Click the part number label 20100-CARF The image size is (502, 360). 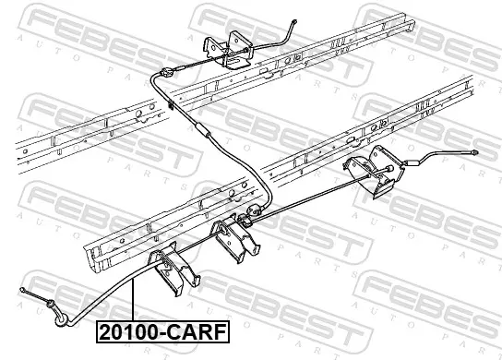pyautogui.click(x=163, y=332)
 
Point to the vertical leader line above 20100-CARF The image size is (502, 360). pyautogui.click(x=132, y=300)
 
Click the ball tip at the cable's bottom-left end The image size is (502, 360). pyautogui.click(x=22, y=290)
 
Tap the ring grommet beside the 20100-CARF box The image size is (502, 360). pyautogui.click(x=61, y=320)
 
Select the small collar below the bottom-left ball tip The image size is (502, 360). pyautogui.click(x=50, y=304)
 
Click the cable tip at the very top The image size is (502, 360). pyautogui.click(x=294, y=22)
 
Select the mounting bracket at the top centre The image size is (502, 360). pyautogui.click(x=228, y=49)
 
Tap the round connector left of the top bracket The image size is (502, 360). pyautogui.click(x=166, y=73)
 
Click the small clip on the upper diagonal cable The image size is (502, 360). pyautogui.click(x=171, y=104)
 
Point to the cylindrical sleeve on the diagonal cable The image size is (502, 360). pyautogui.click(x=202, y=129)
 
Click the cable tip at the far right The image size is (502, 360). pyautogui.click(x=475, y=153)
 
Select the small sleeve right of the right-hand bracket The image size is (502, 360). pyautogui.click(x=411, y=162)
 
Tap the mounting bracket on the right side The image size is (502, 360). pyautogui.click(x=374, y=173)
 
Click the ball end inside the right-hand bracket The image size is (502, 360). pyautogui.click(x=389, y=169)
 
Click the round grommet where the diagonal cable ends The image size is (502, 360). pyautogui.click(x=255, y=210)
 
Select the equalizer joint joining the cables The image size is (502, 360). pyautogui.click(x=244, y=221)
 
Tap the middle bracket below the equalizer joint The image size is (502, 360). pyautogui.click(x=234, y=238)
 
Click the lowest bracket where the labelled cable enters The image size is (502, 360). pyautogui.click(x=173, y=269)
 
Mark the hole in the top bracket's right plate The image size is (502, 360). pyautogui.click(x=237, y=41)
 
